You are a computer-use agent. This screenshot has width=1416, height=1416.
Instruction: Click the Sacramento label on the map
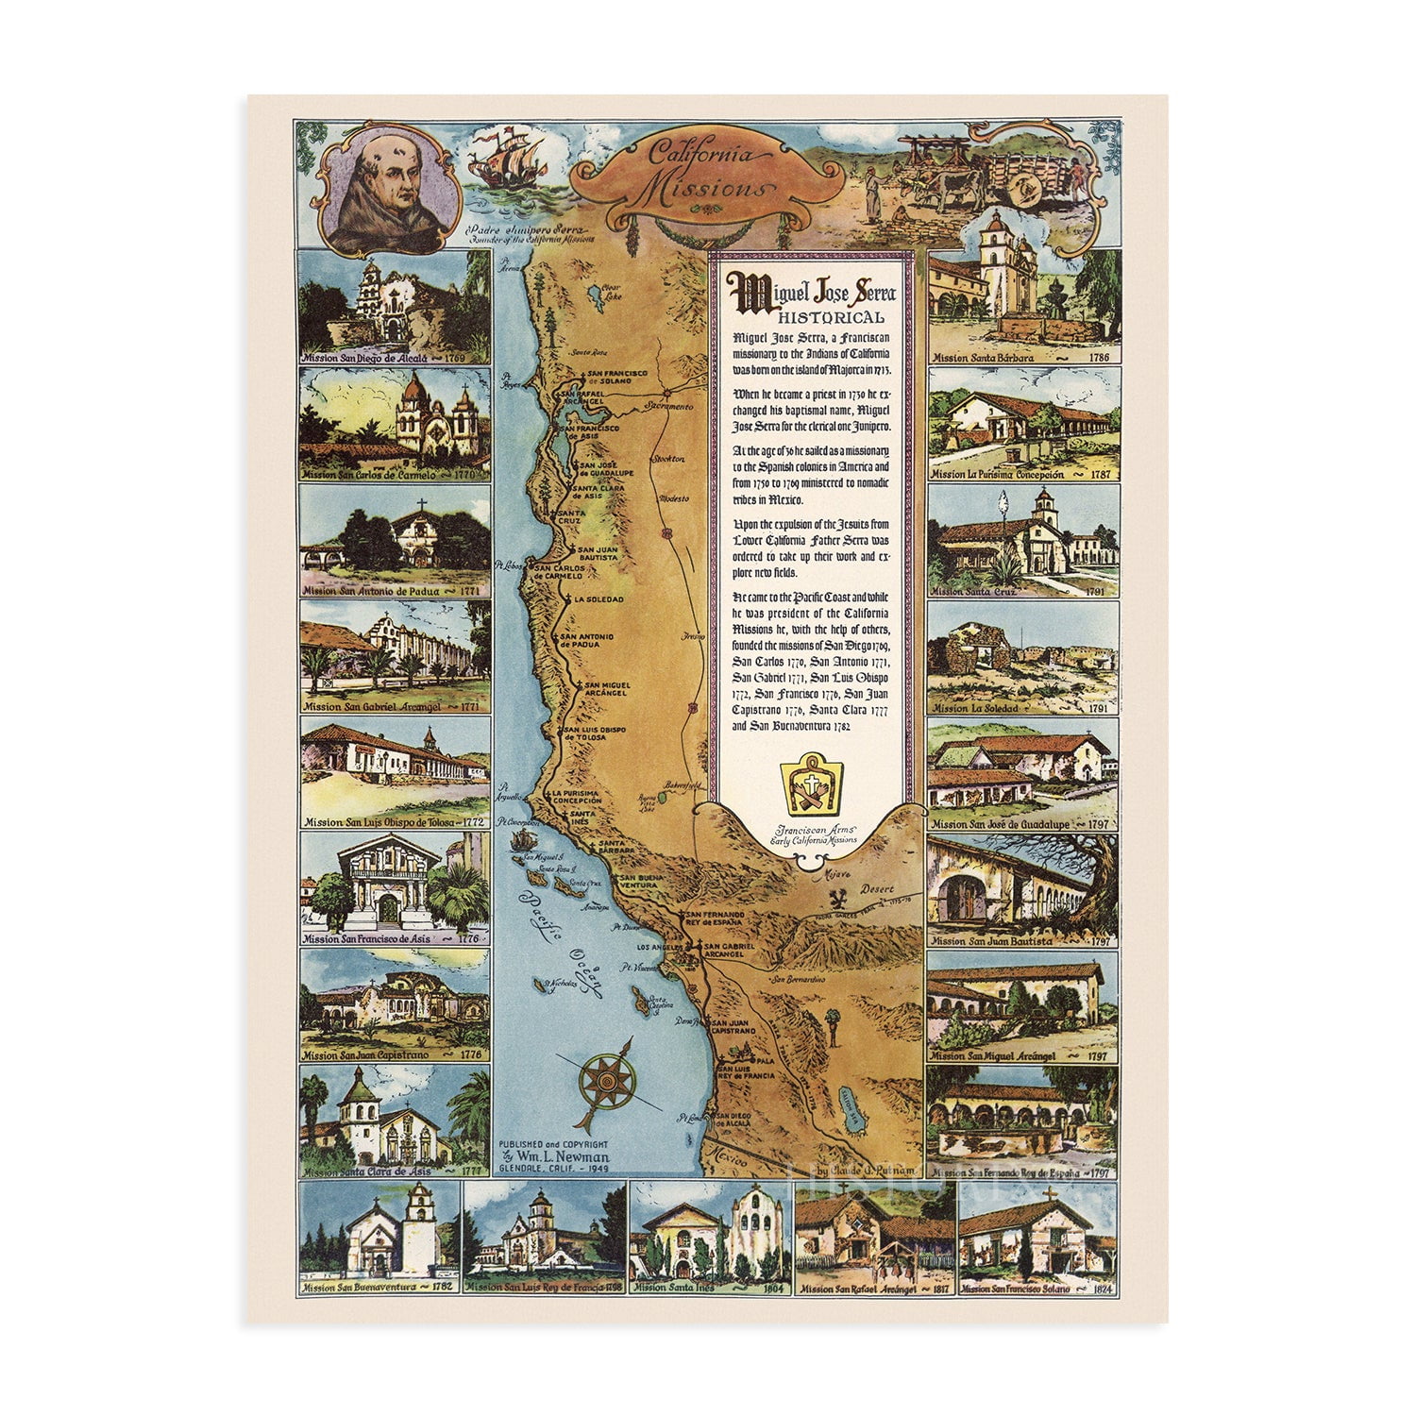pyautogui.click(x=669, y=406)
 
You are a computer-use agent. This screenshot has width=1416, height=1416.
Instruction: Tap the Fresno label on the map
pyautogui.click(x=694, y=636)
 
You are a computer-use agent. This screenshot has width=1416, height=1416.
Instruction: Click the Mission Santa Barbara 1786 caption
pyautogui.click(x=1021, y=358)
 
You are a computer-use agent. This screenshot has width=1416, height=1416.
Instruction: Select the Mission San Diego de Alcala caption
pyautogui.click(x=395, y=359)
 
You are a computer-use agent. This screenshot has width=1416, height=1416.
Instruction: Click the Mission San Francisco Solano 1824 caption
pyautogui.click(x=1036, y=1289)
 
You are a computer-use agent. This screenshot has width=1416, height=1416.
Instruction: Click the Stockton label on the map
pyautogui.click(x=671, y=459)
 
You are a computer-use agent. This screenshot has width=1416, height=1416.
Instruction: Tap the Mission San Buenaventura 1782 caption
pyautogui.click(x=378, y=1288)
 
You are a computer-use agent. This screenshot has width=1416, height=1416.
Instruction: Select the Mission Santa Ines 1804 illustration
pyautogui.click(x=710, y=1232)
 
